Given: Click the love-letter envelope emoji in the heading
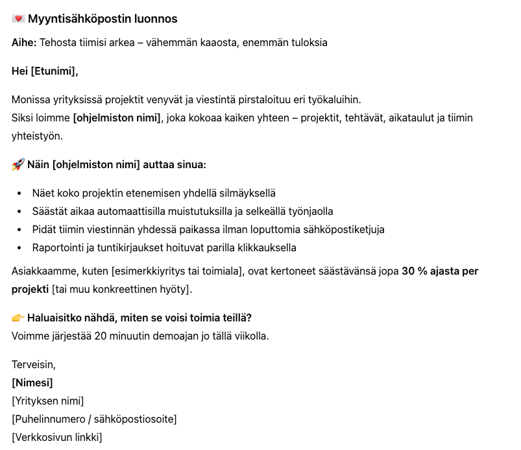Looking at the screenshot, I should tap(18, 19).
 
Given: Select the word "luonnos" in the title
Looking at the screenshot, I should tap(156, 19).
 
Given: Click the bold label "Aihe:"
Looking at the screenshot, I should tap(24, 43).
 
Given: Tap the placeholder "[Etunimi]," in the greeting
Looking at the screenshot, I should tap(55, 71).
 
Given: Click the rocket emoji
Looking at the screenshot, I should tap(18, 164).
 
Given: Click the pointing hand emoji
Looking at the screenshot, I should tap(18, 318).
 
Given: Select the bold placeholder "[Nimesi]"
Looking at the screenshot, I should tap(32, 383).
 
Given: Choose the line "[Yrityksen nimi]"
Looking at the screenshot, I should tap(47, 401).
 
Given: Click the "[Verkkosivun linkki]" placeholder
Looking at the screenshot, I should tap(56, 437).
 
